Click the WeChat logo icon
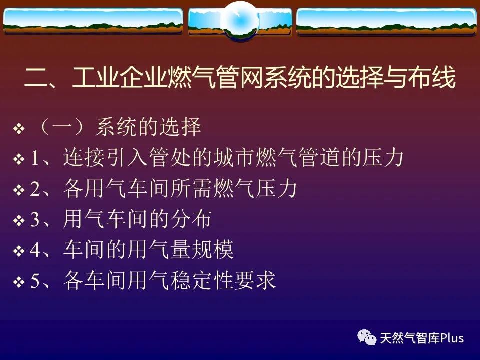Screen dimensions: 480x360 coord(367,337)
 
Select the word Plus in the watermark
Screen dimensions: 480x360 coord(452,338)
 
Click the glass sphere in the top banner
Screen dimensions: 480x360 coord(240,20)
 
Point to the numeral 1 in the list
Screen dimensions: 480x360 coord(34,158)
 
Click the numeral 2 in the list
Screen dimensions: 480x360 coord(35,189)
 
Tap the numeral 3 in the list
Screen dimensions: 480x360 coord(35,219)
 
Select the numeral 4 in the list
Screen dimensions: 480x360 coord(35,250)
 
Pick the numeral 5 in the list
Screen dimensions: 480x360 coord(35,281)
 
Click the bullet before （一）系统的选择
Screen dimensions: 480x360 coord(19,128)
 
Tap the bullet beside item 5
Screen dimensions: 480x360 coord(19,282)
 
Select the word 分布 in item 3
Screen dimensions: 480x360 coord(191,219)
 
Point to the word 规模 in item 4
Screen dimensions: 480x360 coord(213,249)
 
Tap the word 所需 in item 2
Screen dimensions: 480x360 coord(191,188)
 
